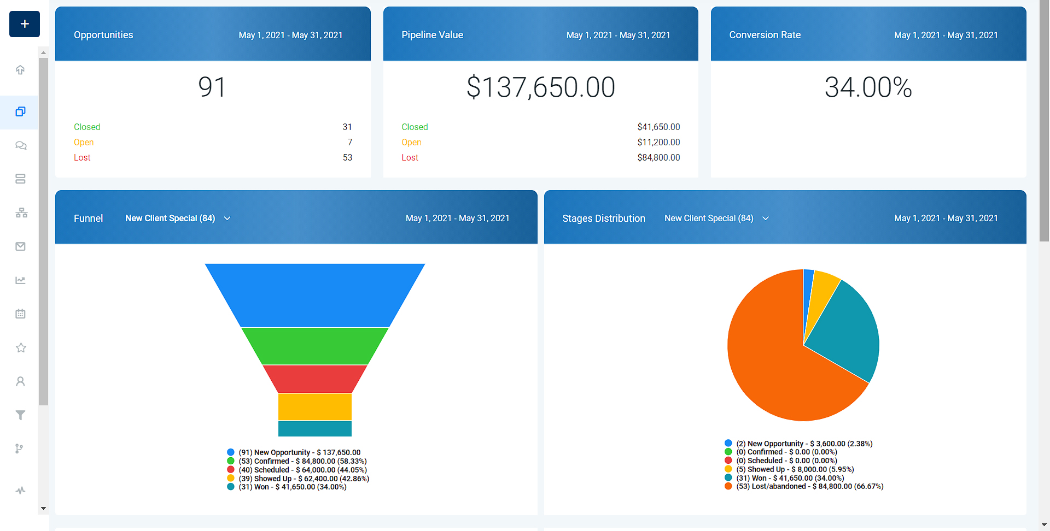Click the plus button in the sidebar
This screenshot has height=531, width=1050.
(x=25, y=24)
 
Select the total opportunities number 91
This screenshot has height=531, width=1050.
(x=212, y=87)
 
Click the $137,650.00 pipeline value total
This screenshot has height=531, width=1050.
(x=540, y=87)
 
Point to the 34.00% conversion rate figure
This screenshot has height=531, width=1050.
(x=868, y=87)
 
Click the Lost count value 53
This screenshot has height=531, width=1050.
(x=347, y=157)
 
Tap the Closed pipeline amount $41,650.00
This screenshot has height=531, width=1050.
(x=658, y=127)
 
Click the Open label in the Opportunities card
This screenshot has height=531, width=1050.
(x=84, y=142)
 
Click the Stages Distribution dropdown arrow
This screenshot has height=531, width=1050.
(x=766, y=219)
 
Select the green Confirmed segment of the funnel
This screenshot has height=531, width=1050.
(x=314, y=346)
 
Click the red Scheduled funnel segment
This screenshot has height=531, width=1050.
(x=314, y=379)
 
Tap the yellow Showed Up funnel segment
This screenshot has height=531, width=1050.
(x=314, y=406)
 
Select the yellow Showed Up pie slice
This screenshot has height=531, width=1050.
(x=823, y=290)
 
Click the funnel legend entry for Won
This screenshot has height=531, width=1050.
(x=292, y=487)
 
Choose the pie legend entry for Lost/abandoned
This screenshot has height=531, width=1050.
(x=809, y=486)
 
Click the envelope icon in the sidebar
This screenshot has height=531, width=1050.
(x=21, y=246)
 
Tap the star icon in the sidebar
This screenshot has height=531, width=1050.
(x=21, y=347)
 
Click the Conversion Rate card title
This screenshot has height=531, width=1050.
(x=765, y=35)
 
